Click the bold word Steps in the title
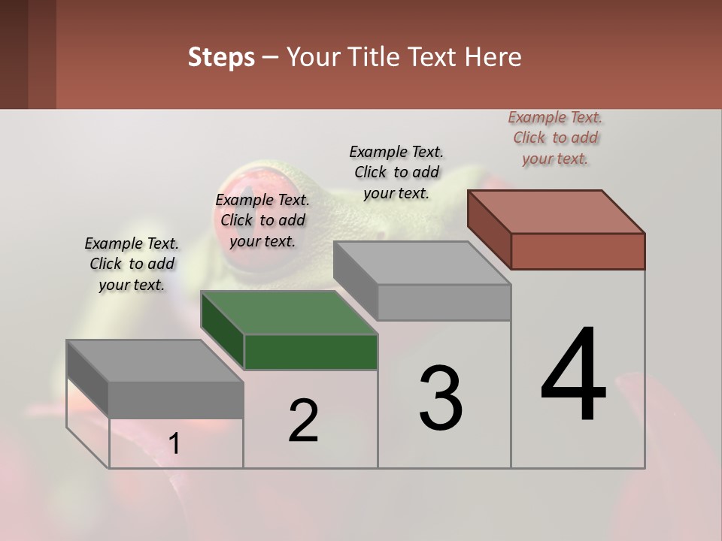tap(221, 57)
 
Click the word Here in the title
tap(493, 57)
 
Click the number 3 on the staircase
tap(440, 398)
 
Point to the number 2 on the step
tap(303, 421)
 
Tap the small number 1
tap(174, 444)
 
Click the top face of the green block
tap(289, 312)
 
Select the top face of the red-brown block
tap(556, 211)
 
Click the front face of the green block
tap(311, 352)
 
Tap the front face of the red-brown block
tap(578, 251)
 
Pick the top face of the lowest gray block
tap(155, 361)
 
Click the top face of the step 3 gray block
tap(422, 263)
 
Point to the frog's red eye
tap(242, 203)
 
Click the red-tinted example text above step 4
tap(555, 138)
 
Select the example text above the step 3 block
tap(396, 172)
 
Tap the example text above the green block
tap(262, 220)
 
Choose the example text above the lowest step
tap(132, 264)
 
